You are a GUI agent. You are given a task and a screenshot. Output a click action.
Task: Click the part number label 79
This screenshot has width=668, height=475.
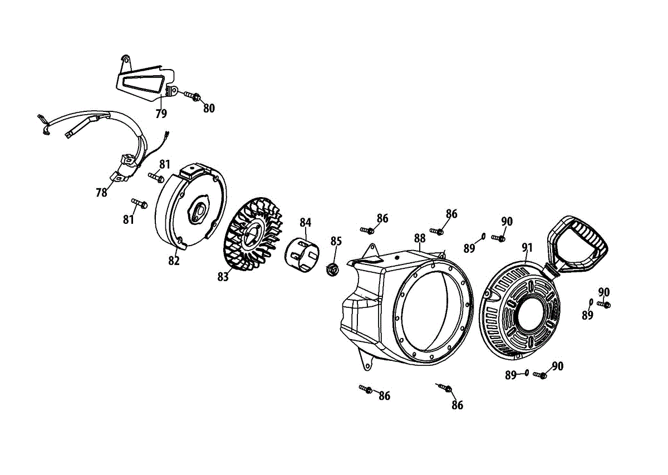[x=161, y=114]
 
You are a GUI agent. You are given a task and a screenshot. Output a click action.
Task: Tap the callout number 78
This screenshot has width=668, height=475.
[x=101, y=192]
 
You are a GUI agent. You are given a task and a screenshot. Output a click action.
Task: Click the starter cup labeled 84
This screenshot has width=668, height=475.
[x=303, y=254]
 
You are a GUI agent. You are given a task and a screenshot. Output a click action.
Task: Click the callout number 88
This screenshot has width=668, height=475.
[x=420, y=238]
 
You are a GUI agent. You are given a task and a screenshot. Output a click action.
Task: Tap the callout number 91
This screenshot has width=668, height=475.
[x=527, y=247]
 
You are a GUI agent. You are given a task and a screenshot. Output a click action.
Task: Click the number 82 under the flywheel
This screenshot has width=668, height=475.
[x=174, y=260]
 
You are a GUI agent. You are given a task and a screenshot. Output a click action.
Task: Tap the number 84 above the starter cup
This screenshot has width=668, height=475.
[x=305, y=222]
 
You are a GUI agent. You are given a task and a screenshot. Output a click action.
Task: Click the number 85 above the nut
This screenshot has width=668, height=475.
[x=336, y=241]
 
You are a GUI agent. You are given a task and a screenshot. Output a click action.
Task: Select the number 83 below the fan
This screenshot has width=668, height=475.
[x=223, y=277]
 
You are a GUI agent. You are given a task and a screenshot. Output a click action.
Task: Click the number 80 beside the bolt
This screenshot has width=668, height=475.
[x=209, y=109]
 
